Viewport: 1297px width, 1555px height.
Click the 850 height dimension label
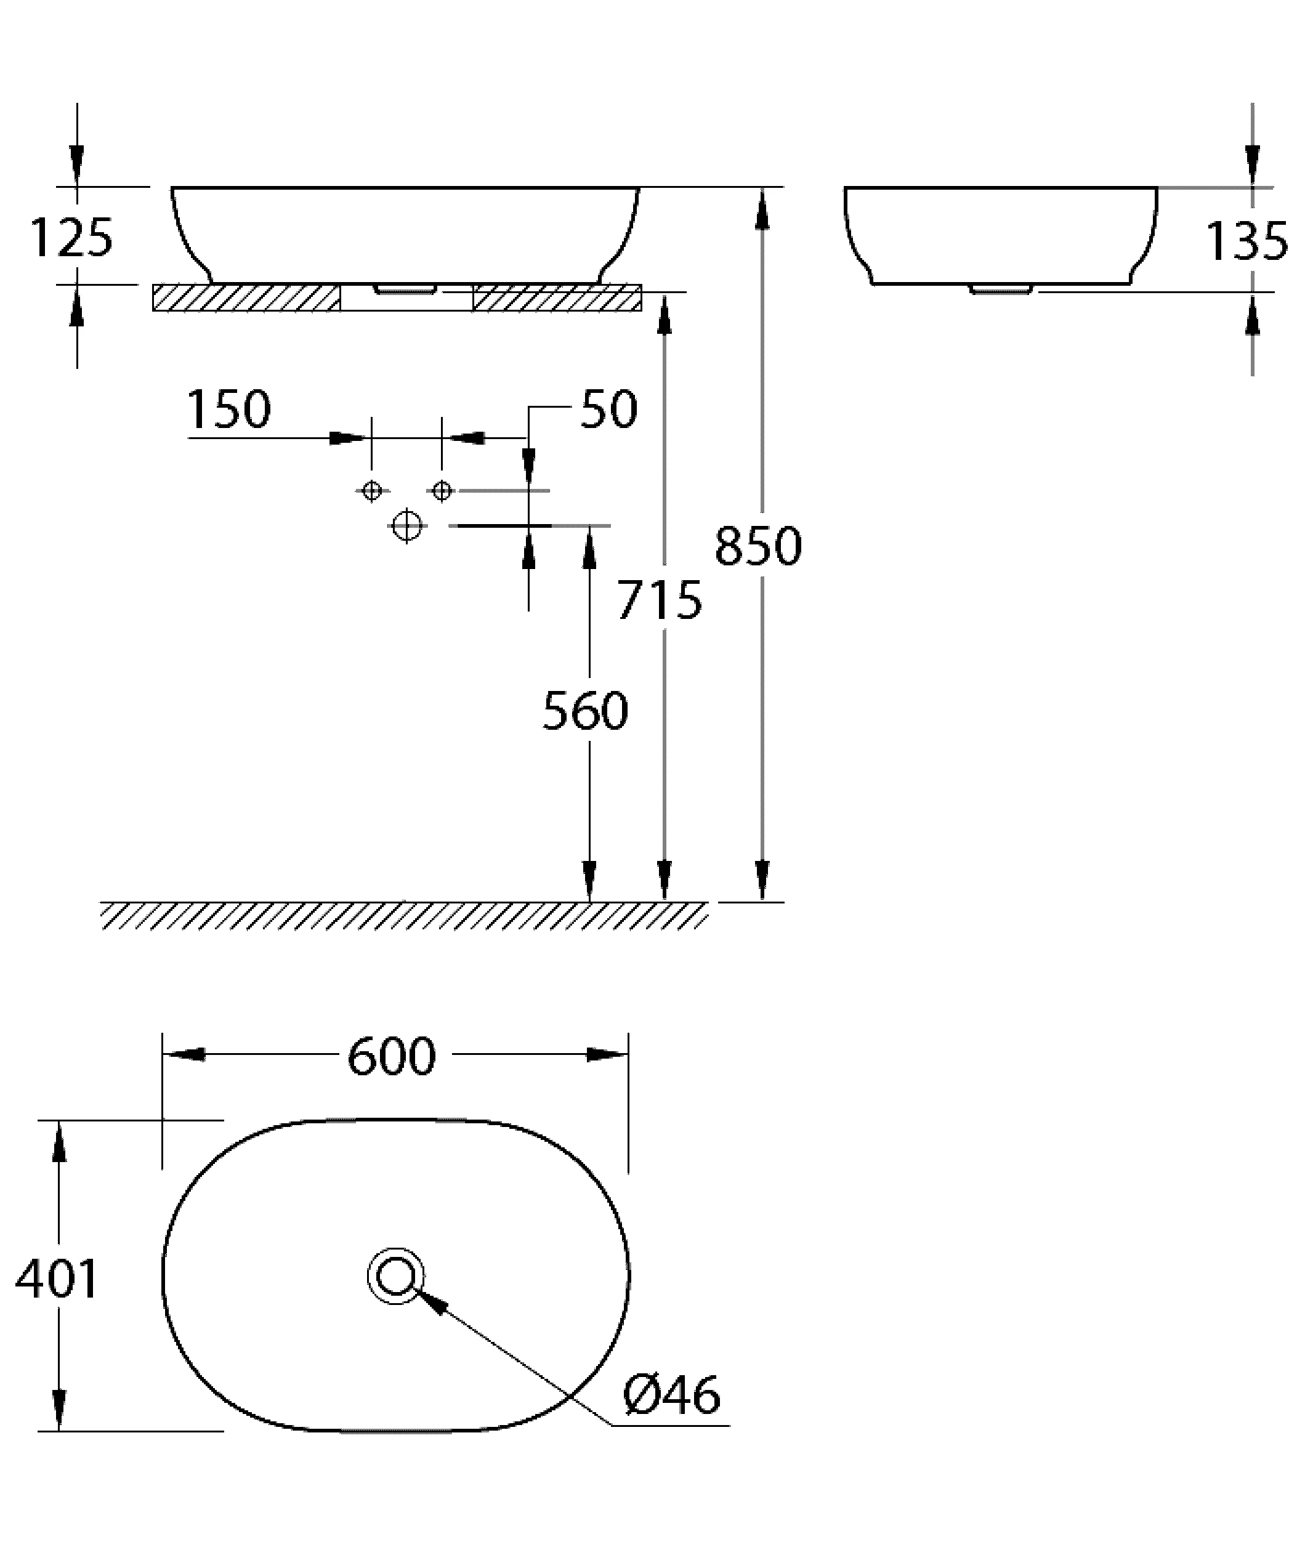click(758, 546)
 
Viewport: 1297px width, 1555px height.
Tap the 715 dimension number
click(660, 599)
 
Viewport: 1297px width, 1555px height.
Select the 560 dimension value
click(586, 710)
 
